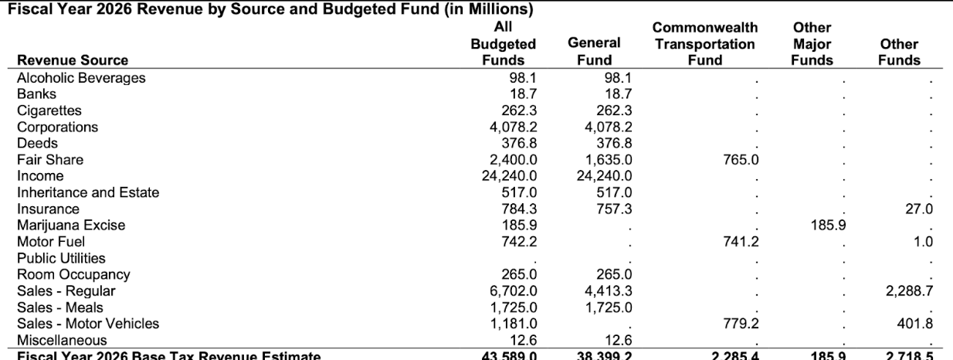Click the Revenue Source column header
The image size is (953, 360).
click(x=73, y=61)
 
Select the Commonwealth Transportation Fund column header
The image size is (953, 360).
click(x=704, y=45)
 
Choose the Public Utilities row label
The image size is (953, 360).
click(x=61, y=258)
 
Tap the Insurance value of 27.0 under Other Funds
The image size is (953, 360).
click(x=918, y=209)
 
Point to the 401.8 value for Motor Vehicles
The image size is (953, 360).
click(x=915, y=324)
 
